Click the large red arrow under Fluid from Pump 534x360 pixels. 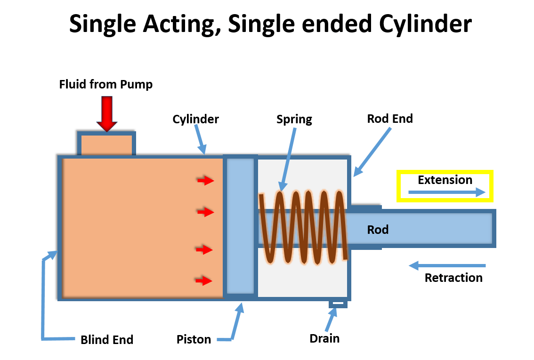tap(107, 113)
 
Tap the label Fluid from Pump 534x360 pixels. tap(105, 85)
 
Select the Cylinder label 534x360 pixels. tap(195, 119)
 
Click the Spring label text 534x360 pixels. tap(294, 119)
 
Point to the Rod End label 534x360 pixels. tap(390, 119)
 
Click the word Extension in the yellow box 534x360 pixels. tap(445, 180)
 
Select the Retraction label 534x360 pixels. tap(453, 278)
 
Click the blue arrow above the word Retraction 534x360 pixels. tap(447, 266)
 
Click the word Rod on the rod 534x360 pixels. tap(378, 230)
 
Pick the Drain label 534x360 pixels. tap(324, 338)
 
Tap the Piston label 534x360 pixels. tap(194, 339)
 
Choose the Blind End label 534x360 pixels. tap(107, 340)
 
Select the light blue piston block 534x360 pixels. tap(240, 226)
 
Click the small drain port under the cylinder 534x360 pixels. tap(338, 304)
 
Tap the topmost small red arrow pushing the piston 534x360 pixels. tap(205, 180)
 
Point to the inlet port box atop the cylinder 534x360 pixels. tap(106, 144)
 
